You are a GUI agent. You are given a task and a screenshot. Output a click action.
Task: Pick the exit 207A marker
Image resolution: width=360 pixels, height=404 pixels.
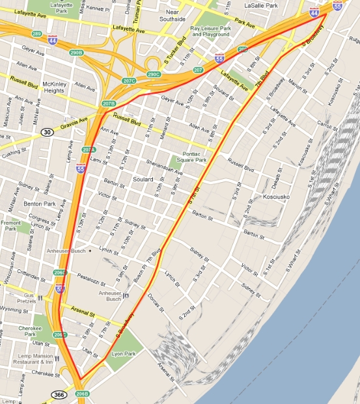[89, 150]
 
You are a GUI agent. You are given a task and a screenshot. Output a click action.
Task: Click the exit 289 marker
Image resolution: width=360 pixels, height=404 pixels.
[36, 34]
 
